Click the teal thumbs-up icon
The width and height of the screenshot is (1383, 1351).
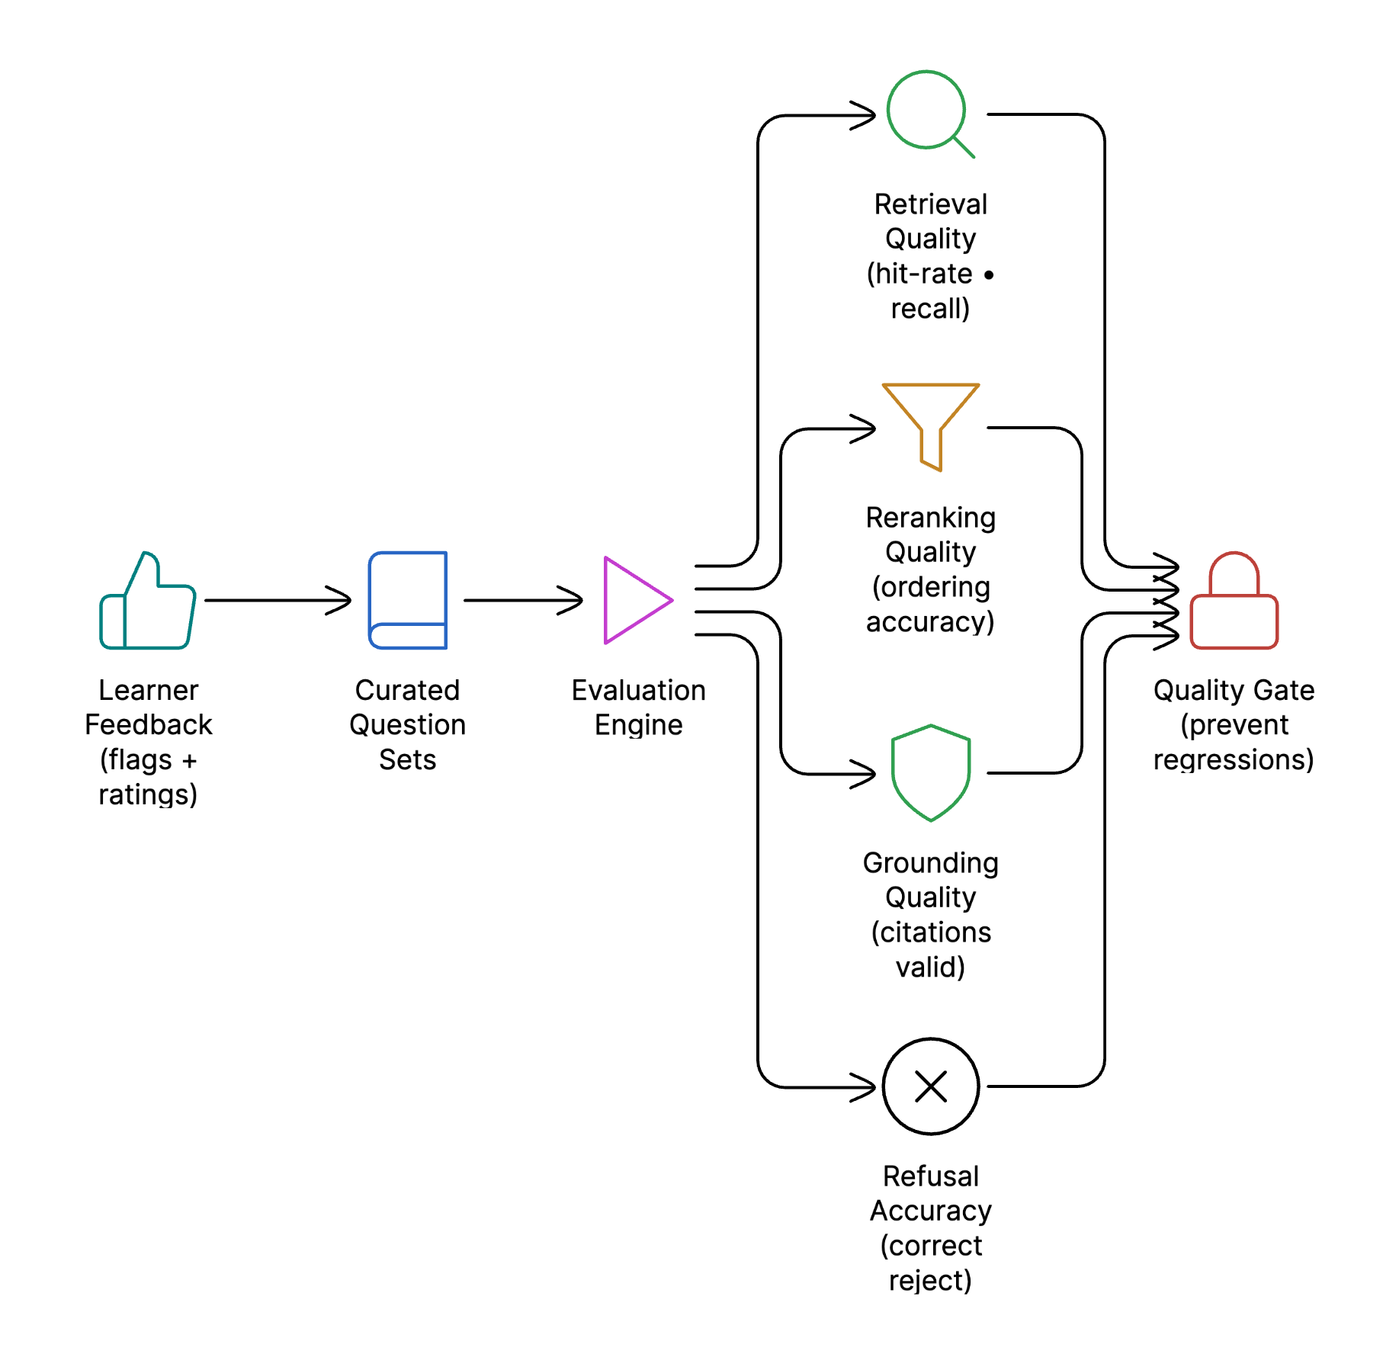pyautogui.click(x=148, y=602)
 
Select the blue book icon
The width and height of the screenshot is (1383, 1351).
pyautogui.click(x=408, y=601)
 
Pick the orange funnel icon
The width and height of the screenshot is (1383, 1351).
pyautogui.click(x=930, y=424)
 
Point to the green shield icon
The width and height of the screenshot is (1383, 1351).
pyautogui.click(x=930, y=772)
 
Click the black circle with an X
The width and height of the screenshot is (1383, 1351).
pyautogui.click(x=930, y=1086)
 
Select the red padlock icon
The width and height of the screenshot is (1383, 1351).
pyautogui.click(x=1234, y=602)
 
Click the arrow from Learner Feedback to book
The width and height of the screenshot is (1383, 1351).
pyautogui.click(x=278, y=601)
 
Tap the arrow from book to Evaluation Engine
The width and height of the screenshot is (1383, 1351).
pyautogui.click(x=523, y=601)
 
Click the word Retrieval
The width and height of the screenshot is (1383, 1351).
pyautogui.click(x=930, y=204)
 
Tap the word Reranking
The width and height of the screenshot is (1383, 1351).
pyautogui.click(x=930, y=518)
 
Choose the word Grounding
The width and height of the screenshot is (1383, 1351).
pyautogui.click(x=930, y=863)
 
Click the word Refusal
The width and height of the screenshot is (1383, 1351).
pyautogui.click(x=930, y=1176)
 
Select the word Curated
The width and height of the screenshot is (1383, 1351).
pyautogui.click(x=407, y=690)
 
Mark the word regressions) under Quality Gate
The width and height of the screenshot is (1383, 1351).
pyautogui.click(x=1233, y=760)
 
